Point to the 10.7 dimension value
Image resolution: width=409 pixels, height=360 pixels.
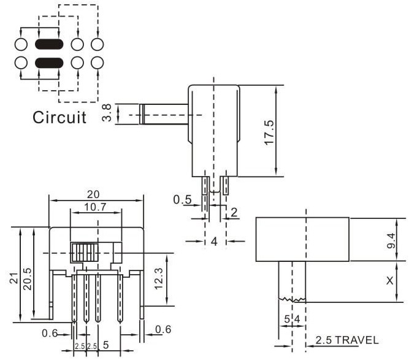click(95, 207)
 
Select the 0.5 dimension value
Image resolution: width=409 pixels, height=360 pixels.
click(182, 199)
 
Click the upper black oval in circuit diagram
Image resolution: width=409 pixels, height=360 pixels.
click(48, 45)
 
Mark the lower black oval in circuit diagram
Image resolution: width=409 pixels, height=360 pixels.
click(48, 62)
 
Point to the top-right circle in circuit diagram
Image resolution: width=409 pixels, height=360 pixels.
click(96, 45)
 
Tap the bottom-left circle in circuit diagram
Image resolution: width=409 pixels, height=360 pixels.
click(20, 62)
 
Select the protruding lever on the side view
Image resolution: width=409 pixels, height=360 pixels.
click(164, 115)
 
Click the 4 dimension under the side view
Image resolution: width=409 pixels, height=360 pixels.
click(214, 241)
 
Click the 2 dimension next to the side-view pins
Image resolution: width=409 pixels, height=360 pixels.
click(234, 212)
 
